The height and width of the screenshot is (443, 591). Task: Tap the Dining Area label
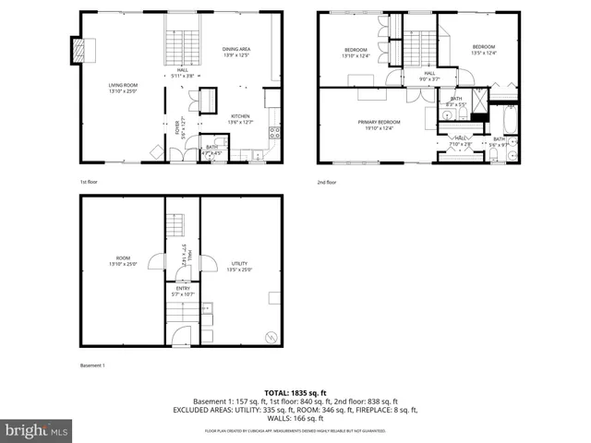tap(237, 53)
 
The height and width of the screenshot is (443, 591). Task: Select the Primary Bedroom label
tap(380, 125)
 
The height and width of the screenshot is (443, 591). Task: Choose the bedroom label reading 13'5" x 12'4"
tap(484, 50)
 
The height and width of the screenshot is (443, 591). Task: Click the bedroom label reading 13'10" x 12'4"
tap(356, 53)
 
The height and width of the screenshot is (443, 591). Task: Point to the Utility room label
tap(239, 267)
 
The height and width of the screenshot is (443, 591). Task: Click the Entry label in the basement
tap(183, 291)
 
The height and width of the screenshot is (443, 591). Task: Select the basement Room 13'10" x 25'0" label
tap(123, 261)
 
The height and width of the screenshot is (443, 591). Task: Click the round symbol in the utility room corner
tap(271, 336)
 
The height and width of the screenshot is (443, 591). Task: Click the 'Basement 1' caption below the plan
tap(92, 366)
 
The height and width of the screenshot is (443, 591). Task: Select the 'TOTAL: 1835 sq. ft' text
tap(295, 393)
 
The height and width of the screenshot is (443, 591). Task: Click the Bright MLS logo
tap(37, 430)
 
